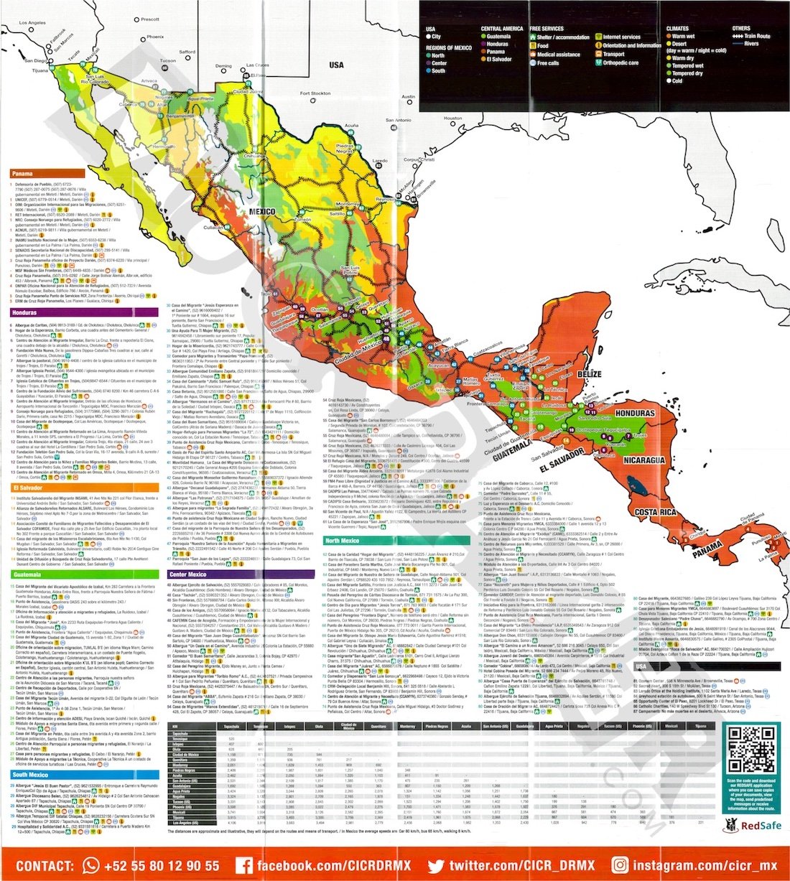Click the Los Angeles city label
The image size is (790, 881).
[x=32, y=23]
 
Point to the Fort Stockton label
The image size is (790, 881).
[x=315, y=93]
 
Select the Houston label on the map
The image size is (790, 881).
[x=453, y=118]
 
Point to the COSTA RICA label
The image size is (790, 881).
[x=656, y=512]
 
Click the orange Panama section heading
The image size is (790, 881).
[x=22, y=174]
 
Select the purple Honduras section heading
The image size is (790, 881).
[x=24, y=313]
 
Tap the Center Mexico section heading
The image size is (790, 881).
[x=188, y=574]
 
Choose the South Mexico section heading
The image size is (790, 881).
[x=30, y=775]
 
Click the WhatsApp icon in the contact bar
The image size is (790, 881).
[x=91, y=865]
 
